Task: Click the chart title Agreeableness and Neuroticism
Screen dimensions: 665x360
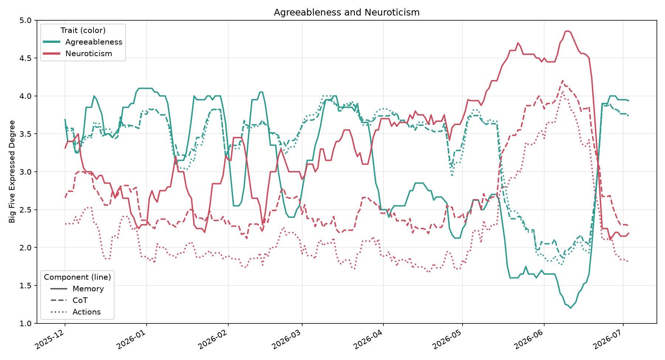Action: [347, 12]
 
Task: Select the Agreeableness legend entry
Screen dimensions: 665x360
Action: [83, 42]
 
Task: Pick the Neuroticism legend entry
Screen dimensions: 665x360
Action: [78, 54]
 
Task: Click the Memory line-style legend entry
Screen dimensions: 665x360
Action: [77, 289]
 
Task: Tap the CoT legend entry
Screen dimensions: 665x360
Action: [69, 300]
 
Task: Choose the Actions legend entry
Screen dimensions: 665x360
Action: [76, 312]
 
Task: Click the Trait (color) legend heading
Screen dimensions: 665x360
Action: [83, 30]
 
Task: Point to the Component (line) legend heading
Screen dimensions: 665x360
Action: [77, 277]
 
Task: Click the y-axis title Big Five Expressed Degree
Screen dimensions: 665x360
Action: [12, 171]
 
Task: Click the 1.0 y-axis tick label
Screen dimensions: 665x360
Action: [26, 323]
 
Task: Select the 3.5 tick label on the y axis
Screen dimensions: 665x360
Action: [26, 134]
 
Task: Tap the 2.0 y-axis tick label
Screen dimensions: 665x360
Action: [26, 247]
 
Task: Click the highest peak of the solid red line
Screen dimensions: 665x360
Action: [568, 31]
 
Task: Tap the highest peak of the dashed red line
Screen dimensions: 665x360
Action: [562, 80]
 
